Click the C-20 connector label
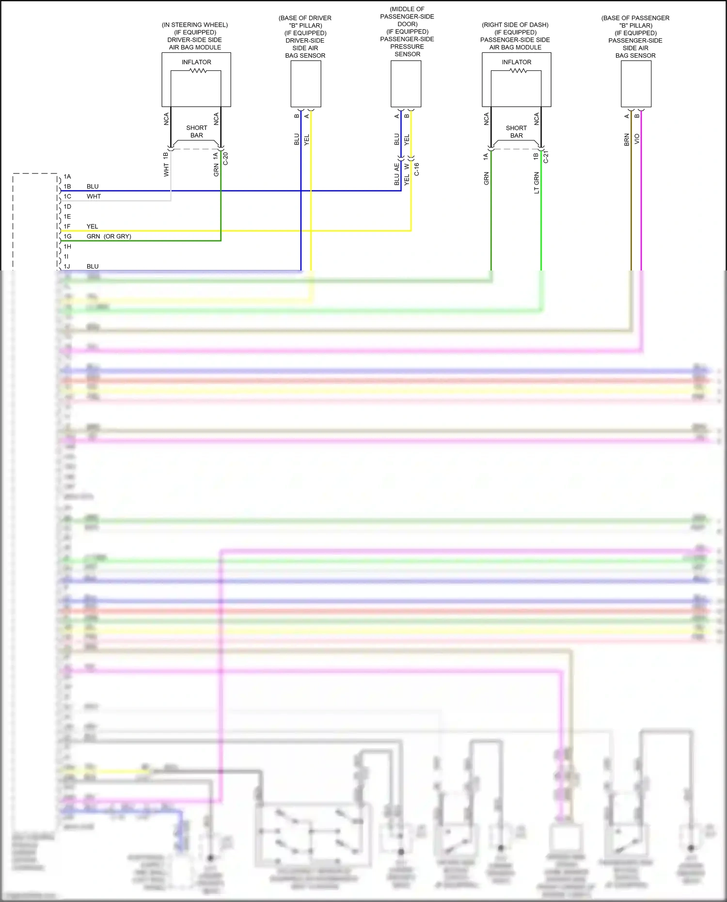[x=225, y=158]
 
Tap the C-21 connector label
[x=546, y=157]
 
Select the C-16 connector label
[x=416, y=169]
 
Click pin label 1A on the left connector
[x=67, y=177]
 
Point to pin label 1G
[x=67, y=237]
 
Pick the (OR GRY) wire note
[x=117, y=237]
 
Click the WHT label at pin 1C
[x=94, y=197]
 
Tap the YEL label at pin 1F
[x=92, y=227]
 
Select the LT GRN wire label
[x=537, y=183]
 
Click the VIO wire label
[x=637, y=139]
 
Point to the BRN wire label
[x=627, y=140]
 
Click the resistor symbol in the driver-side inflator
[x=198, y=71]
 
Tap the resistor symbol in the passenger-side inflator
[x=518, y=71]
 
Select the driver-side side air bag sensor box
[x=306, y=84]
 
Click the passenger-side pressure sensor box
[x=406, y=84]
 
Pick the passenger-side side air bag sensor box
[x=636, y=84]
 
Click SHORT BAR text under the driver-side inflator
[x=197, y=132]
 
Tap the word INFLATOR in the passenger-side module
[x=517, y=62]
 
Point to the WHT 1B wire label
[x=166, y=164]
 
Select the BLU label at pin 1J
[x=93, y=267]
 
